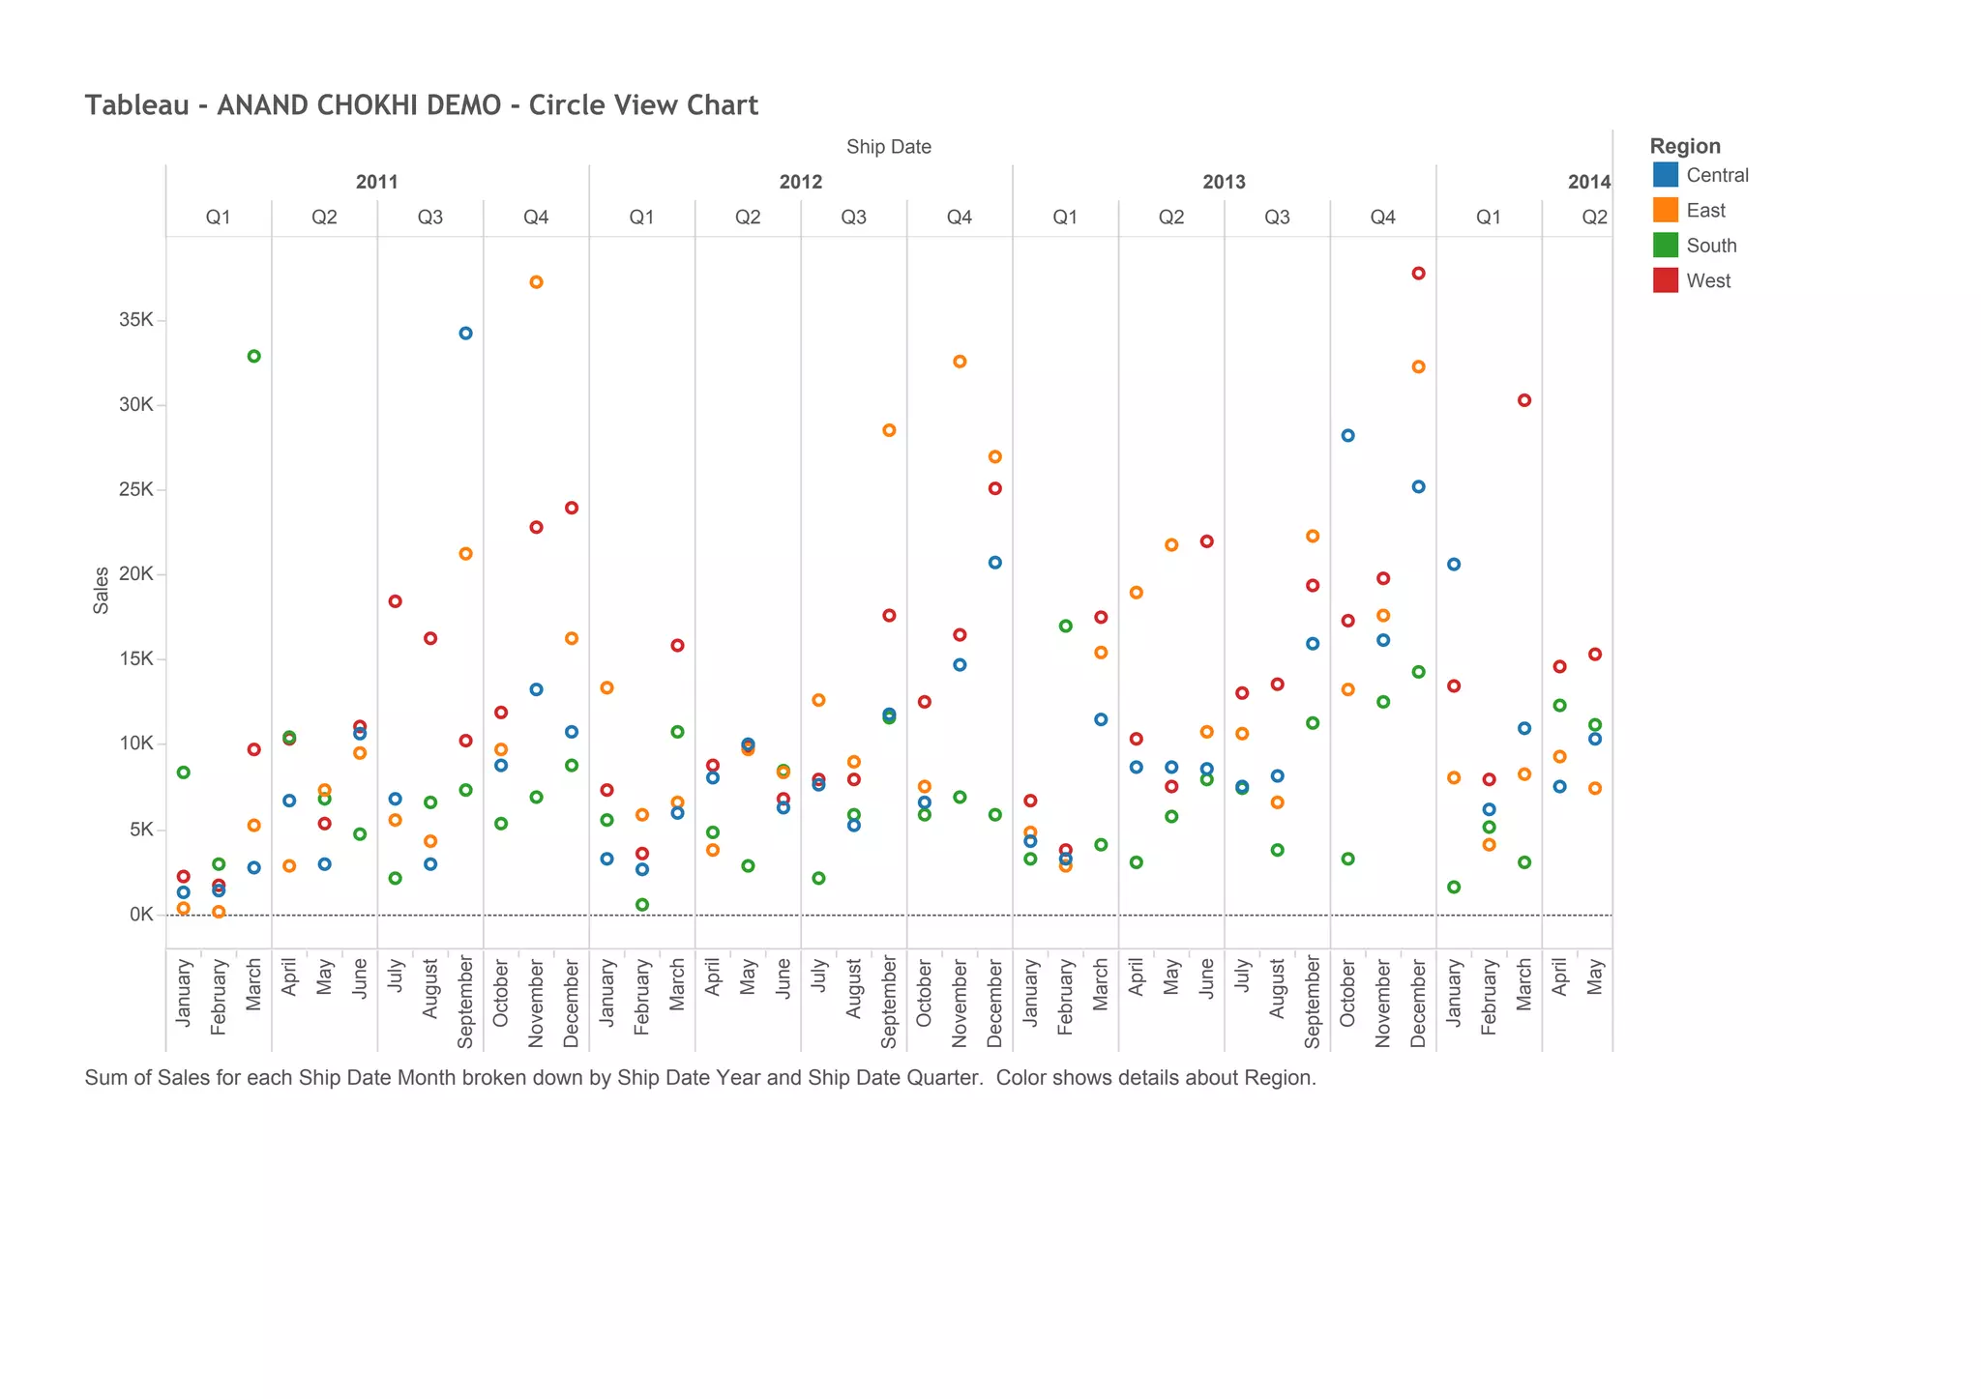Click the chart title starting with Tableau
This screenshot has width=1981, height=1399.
click(421, 105)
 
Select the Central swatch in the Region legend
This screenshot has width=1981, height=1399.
click(1665, 175)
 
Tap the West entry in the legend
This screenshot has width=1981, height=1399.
click(1707, 281)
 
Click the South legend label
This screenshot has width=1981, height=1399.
click(1710, 246)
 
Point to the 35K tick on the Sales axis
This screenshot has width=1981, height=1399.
click(136, 320)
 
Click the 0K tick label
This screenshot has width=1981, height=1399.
click(141, 915)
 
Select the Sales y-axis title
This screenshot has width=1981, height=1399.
click(101, 591)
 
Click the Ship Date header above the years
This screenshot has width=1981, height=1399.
click(888, 147)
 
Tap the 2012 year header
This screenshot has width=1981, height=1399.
click(800, 182)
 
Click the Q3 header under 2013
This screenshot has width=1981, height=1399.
click(1277, 218)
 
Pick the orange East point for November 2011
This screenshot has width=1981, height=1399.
click(536, 282)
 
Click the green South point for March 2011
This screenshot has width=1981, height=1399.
click(253, 356)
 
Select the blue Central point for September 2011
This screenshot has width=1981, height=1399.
click(465, 334)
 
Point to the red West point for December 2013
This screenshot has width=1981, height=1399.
click(1418, 274)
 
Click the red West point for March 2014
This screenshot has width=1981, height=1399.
click(1524, 400)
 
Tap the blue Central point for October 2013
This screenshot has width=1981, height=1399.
click(1347, 436)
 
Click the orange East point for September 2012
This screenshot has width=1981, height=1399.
click(889, 430)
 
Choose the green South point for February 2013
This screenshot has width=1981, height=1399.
click(1065, 627)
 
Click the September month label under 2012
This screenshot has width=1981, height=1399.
click(888, 1002)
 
